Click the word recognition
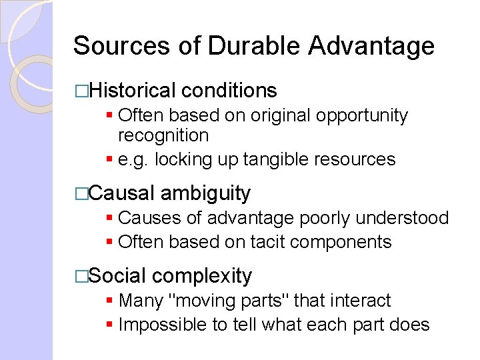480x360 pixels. tap(163, 135)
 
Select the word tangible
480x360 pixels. tap(279, 159)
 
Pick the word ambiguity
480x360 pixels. tap(205, 193)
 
